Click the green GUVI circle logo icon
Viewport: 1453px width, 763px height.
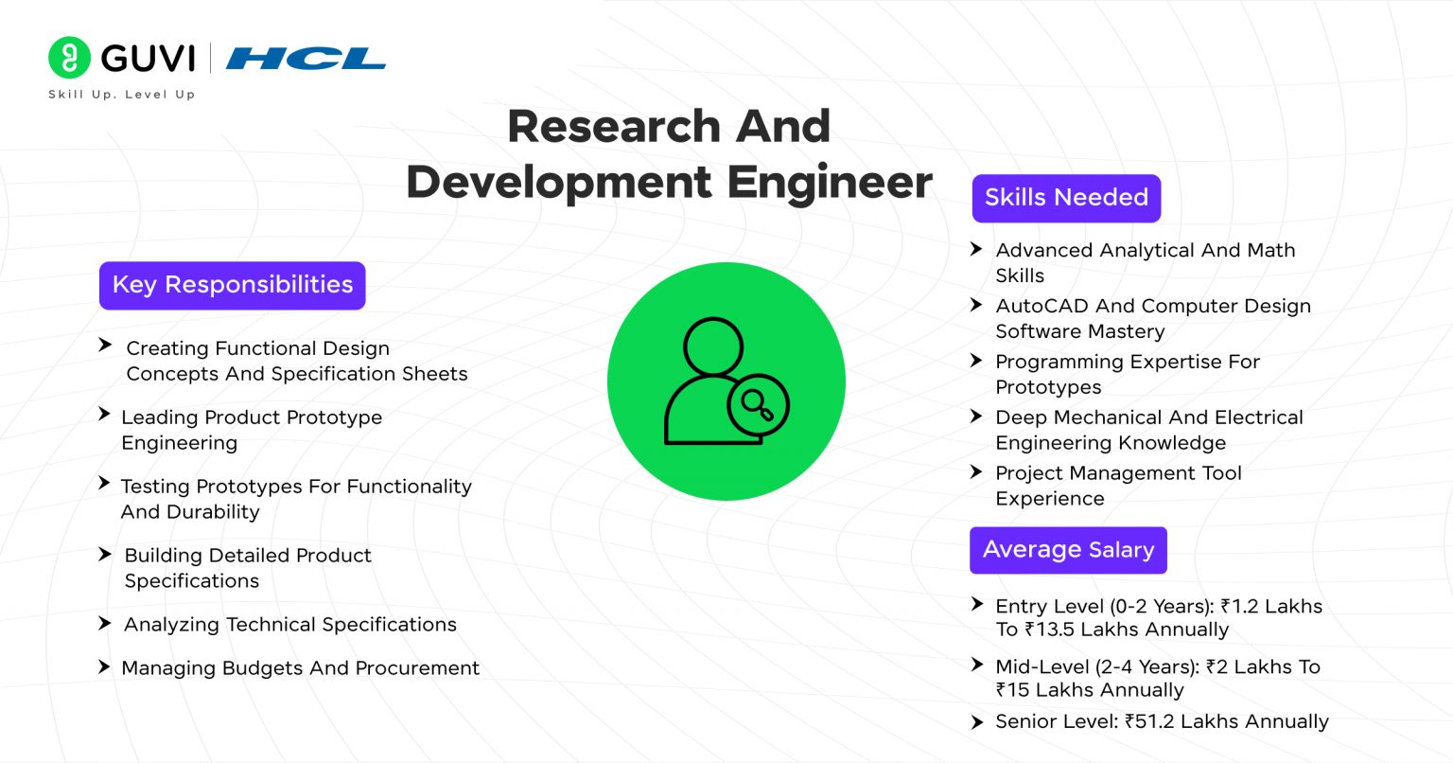69,58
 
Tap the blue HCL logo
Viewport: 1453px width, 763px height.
306,59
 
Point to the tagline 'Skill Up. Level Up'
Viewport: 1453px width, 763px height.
121,95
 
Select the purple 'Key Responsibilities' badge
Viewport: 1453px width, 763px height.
232,285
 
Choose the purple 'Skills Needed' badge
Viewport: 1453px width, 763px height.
1066,198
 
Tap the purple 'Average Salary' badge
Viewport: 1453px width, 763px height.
1068,550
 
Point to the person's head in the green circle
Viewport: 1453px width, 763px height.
713,346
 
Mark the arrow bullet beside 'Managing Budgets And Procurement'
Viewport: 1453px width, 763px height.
105,667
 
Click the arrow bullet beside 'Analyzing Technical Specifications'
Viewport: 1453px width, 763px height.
105,624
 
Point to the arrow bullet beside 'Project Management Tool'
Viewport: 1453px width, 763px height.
977,471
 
